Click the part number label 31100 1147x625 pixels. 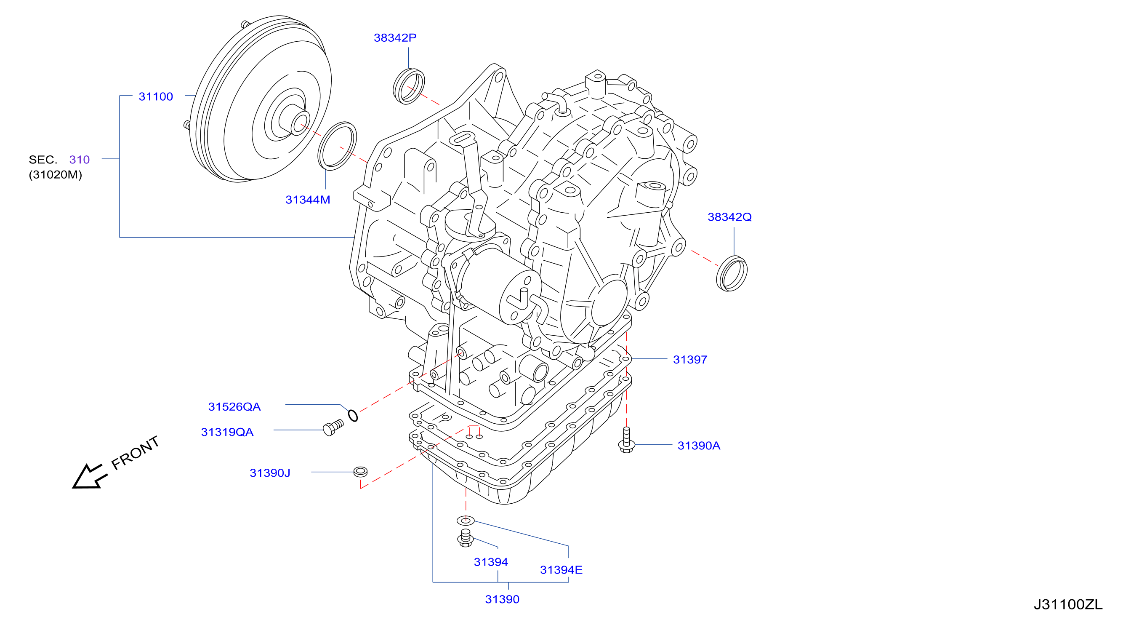point(155,97)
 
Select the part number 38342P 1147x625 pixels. point(395,38)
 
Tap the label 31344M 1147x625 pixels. point(308,200)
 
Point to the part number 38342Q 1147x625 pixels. point(729,217)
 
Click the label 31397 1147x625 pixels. point(690,360)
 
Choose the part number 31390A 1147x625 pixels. point(699,446)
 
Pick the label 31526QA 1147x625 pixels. point(234,407)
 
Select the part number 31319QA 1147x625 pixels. point(227,432)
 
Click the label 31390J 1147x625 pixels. point(270,473)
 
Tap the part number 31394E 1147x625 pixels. point(561,570)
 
